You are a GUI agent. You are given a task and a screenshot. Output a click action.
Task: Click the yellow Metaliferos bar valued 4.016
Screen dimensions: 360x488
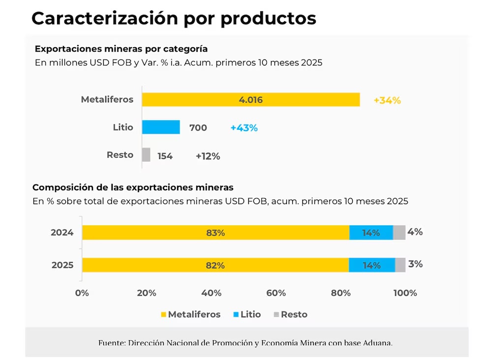(x=250, y=100)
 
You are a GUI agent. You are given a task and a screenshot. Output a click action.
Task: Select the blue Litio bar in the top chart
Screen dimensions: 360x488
(x=161, y=127)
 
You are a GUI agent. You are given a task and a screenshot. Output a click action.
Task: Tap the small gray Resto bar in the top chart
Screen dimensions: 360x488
(x=146, y=155)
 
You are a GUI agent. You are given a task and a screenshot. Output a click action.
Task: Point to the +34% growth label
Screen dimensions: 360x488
(x=387, y=100)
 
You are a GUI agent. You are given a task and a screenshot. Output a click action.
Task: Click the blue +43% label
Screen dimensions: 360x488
(x=244, y=128)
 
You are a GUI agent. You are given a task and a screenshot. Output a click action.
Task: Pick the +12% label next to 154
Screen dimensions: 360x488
(x=208, y=156)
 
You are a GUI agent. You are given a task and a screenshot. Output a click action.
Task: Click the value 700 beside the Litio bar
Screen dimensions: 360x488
(x=198, y=128)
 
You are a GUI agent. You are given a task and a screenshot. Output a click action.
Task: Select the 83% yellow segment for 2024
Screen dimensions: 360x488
(x=215, y=233)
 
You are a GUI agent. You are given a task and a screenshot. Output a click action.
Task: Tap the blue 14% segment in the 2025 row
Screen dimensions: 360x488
(x=371, y=265)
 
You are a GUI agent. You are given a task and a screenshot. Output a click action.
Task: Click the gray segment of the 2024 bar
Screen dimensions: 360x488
(x=399, y=233)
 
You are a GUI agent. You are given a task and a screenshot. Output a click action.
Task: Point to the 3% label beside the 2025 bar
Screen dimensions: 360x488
(x=415, y=264)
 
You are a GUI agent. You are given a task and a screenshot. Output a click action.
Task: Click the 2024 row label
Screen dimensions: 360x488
(x=62, y=233)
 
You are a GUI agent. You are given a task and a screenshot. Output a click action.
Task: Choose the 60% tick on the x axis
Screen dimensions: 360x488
(x=276, y=293)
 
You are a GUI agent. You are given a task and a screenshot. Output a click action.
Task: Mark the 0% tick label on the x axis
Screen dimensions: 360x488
(x=82, y=293)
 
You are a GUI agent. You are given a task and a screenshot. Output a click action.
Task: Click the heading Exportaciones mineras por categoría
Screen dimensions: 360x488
(x=121, y=49)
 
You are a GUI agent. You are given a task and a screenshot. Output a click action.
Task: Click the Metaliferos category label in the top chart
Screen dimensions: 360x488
(x=107, y=99)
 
